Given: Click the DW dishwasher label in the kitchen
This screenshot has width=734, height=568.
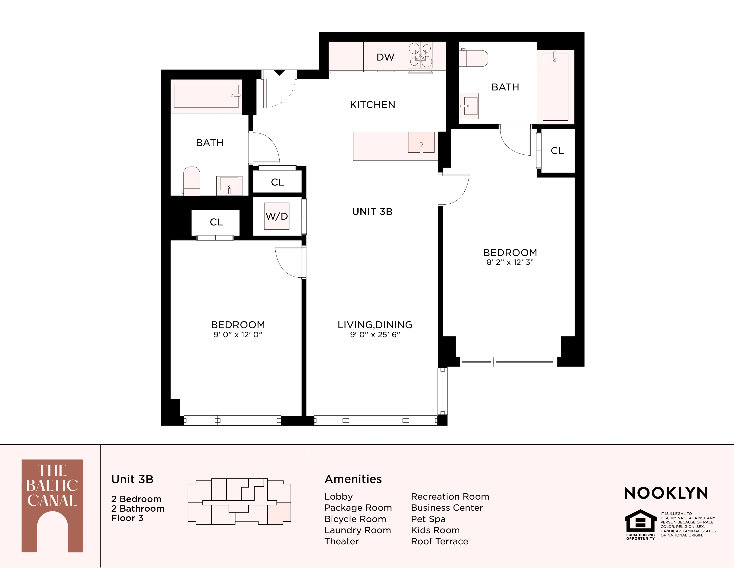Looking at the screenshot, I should tap(385, 57).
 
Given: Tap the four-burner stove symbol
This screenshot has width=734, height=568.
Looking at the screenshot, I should tap(420, 55).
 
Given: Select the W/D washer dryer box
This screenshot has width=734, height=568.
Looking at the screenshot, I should tap(277, 216).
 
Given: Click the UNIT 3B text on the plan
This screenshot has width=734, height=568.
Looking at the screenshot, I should tap(372, 212).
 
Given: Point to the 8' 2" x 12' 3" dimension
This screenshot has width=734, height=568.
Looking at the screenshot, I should tap(510, 263).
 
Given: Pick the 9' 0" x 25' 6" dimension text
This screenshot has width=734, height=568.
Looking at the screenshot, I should tap(375, 334).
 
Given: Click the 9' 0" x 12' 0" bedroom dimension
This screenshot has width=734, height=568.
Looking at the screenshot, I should tap(238, 334).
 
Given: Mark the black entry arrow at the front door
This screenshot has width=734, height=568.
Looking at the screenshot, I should tap(279, 73).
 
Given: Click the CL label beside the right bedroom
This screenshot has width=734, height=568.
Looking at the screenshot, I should tap(557, 151).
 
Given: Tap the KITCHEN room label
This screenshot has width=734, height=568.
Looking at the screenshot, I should tap(372, 105).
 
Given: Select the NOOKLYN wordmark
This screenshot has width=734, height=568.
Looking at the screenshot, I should tap(666, 493).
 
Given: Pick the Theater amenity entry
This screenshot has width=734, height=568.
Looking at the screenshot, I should tap(341, 541).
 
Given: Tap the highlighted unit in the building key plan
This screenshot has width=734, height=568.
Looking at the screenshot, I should tap(279, 513).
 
